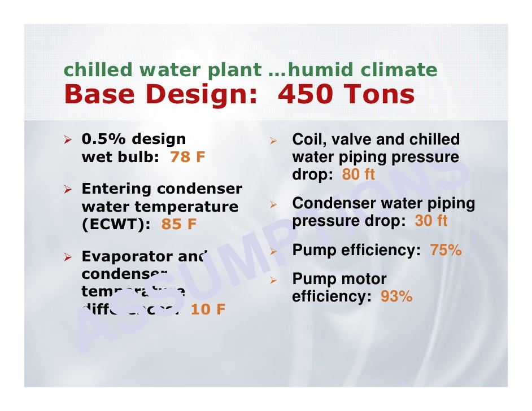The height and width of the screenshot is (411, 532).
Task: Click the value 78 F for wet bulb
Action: pos(187,158)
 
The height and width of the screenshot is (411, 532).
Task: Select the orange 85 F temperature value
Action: pos(179,225)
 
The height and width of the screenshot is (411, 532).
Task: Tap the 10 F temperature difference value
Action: pos(208,309)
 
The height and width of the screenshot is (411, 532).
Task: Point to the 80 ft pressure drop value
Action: pos(358,175)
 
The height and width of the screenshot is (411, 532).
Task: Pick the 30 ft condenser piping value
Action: pos(431,221)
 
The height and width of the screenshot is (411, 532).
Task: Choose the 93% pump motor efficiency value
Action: pos(396,296)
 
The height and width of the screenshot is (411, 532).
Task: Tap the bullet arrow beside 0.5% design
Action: pos(69,139)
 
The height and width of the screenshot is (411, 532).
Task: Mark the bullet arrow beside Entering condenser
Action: pos(69,189)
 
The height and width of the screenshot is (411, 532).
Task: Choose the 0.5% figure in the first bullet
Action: pos(103,139)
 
